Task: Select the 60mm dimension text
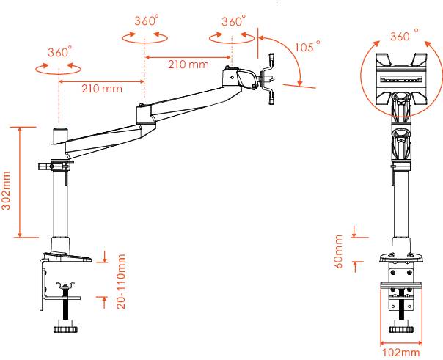tap(339, 251)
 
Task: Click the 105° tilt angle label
tap(307, 46)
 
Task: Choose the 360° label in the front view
tap(404, 36)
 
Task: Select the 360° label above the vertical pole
tap(59, 53)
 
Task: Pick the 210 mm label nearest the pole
tap(101, 89)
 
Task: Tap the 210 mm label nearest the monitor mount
tap(188, 65)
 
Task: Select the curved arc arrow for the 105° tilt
tap(292, 57)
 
